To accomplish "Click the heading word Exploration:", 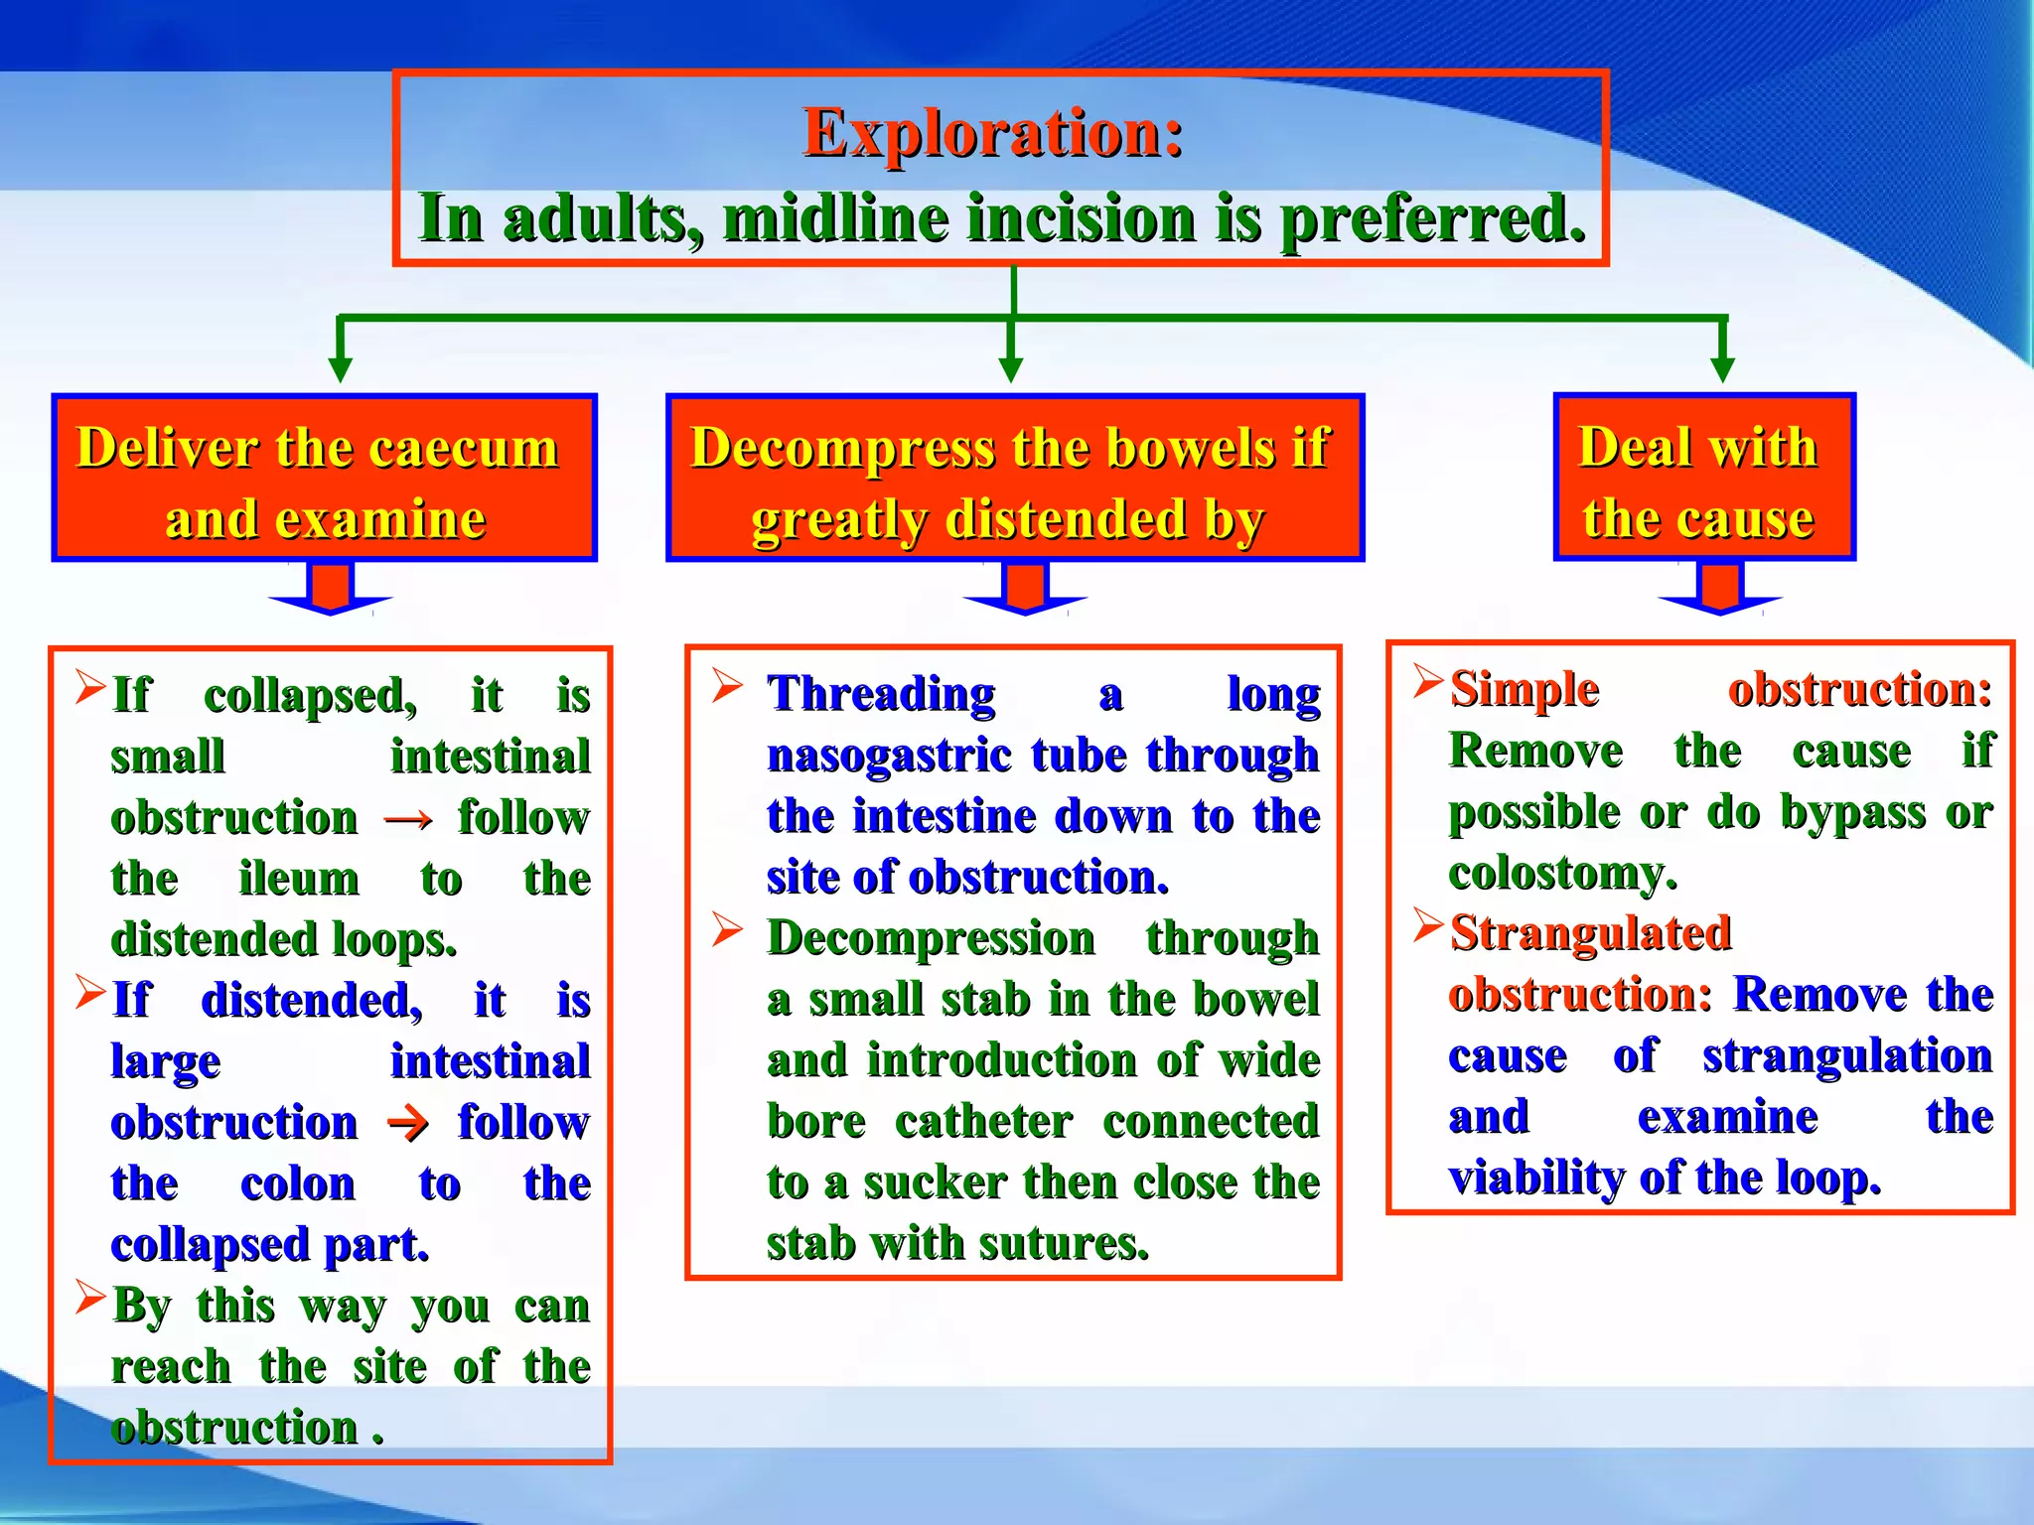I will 993,133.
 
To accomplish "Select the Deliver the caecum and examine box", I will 324,479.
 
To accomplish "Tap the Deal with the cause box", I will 1702,479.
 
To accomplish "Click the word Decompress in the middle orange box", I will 842,447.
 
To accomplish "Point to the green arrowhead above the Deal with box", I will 1722,367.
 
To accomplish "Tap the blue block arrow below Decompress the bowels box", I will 1025,590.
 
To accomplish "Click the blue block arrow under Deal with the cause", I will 1719,590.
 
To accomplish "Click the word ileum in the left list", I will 299,880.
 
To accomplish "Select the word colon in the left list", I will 297,1184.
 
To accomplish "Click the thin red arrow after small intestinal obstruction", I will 408,819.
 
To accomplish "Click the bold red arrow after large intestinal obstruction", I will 408,1124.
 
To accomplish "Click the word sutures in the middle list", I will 1088,1244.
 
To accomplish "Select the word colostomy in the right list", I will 1561,874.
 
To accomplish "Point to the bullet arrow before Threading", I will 727,686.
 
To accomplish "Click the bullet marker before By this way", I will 90,1298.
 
